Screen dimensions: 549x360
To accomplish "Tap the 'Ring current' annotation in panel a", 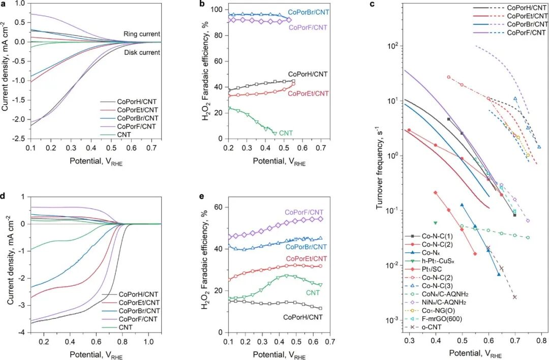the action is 141,34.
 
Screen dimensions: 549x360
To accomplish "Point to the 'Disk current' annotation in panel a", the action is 142,52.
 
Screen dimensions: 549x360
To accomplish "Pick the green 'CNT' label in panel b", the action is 286,133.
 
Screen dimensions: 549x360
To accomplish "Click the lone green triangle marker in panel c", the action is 436,223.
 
